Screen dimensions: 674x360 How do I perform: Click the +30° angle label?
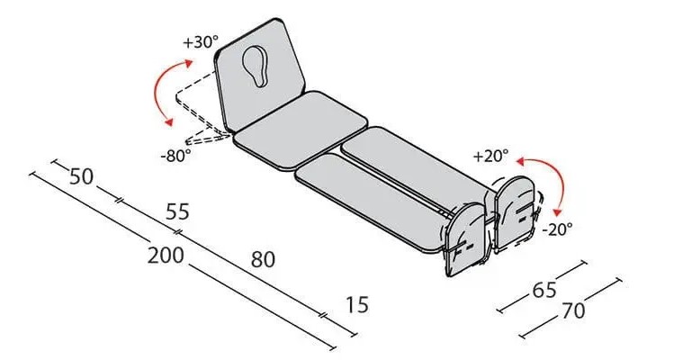pyautogui.click(x=201, y=42)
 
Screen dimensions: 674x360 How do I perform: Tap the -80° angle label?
pyautogui.click(x=175, y=155)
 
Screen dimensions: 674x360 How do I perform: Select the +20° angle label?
pyautogui.click(x=490, y=156)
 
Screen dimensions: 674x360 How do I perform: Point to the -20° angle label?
pyautogui.click(x=557, y=229)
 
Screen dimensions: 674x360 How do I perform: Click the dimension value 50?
pyautogui.click(x=81, y=176)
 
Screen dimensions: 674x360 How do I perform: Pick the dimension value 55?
pyautogui.click(x=177, y=211)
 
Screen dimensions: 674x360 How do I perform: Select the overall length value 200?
pyautogui.click(x=166, y=255)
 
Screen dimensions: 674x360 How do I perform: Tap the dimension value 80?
pyautogui.click(x=263, y=259)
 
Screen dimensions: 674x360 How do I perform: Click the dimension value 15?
pyautogui.click(x=357, y=305)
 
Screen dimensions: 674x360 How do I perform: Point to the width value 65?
pyautogui.click(x=544, y=291)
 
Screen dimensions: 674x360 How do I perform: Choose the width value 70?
pyautogui.click(x=573, y=310)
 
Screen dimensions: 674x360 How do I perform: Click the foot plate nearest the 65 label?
pyautogui.click(x=465, y=239)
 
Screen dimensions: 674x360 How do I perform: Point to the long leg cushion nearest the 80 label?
pyautogui.click(x=373, y=202)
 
